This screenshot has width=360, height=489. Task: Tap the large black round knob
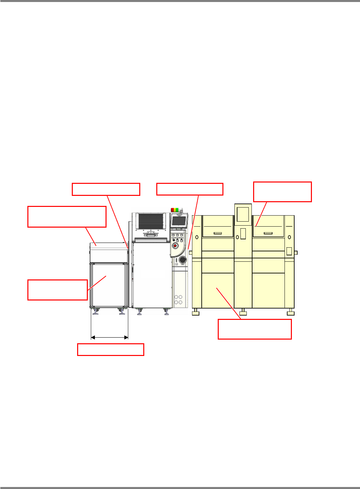[x=183, y=260]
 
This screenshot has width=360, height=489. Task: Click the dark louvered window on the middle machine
[x=152, y=221]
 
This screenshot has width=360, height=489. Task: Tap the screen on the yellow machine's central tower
[x=243, y=214]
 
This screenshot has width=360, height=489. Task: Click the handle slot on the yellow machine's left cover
[x=218, y=233]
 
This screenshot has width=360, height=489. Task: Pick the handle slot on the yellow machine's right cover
[x=268, y=233]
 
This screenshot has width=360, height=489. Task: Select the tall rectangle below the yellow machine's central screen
[x=243, y=234]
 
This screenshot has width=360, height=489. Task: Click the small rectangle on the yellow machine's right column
[x=289, y=251]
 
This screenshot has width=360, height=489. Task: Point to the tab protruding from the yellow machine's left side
[x=191, y=253]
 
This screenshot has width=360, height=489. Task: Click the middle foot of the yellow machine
[x=243, y=312]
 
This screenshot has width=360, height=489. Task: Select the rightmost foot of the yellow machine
[x=291, y=312]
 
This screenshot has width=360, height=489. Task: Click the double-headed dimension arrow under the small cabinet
[x=110, y=337]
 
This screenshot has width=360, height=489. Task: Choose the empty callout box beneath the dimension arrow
[x=111, y=349]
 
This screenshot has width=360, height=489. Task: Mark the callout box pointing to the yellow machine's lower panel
[x=254, y=329]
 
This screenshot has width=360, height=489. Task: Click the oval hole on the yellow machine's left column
[x=197, y=237]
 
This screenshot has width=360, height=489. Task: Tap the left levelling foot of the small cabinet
[x=96, y=312]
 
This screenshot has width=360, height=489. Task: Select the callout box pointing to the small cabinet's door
[x=57, y=290]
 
